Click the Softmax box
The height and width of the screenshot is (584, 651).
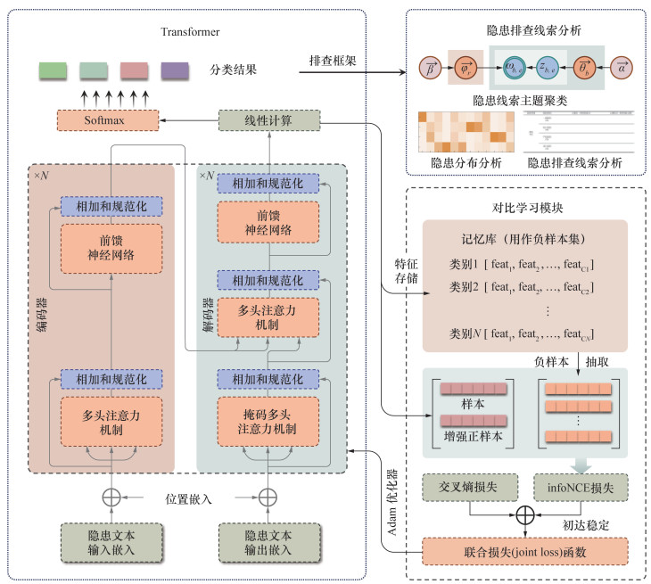coord(106,119)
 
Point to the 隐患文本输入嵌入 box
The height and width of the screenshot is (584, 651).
coord(113,540)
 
